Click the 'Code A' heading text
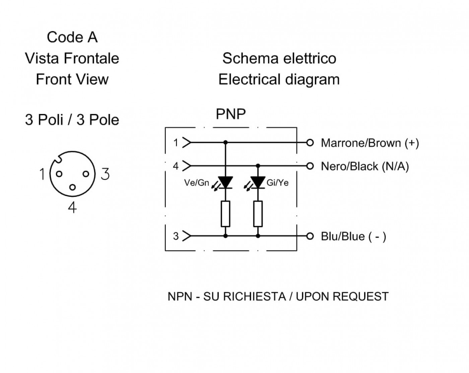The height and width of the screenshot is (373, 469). tap(72, 37)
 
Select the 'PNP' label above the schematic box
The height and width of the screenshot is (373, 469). tap(231, 114)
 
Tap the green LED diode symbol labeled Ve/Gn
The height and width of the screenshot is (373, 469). tap(225, 182)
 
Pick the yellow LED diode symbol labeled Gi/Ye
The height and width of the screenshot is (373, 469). tap(258, 182)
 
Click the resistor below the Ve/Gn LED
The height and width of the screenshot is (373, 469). tap(225, 214)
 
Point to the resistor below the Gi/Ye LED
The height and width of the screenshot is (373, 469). tap(258, 214)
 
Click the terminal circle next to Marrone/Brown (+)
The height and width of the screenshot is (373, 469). tap(310, 143)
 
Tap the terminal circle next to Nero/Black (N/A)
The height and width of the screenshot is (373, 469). tap(310, 166)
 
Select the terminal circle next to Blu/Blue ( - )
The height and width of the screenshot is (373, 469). tap(310, 236)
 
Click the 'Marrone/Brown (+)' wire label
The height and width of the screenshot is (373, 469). tap(370, 143)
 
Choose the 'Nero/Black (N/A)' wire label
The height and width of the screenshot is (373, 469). tap(365, 167)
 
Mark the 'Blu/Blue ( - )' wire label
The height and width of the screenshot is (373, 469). tap(353, 237)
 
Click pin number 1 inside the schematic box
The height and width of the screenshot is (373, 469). tap(176, 143)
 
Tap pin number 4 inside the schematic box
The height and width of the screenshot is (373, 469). tap(176, 166)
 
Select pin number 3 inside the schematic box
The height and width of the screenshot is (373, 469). tap(176, 236)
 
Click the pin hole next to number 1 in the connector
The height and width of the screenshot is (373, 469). tap(59, 174)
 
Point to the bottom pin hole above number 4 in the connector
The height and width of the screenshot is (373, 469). tap(73, 187)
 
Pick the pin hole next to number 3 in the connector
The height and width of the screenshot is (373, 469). tap(86, 174)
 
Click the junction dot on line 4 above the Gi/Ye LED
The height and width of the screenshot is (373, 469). tap(258, 166)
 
